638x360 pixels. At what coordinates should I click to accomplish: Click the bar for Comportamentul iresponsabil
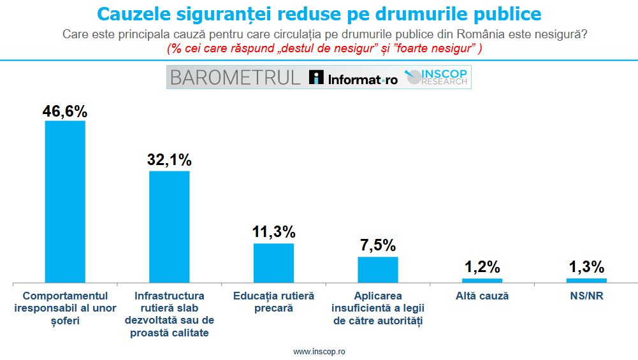pyautogui.click(x=65, y=201)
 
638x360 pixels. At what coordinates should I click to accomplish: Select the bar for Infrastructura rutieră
pyautogui.click(x=169, y=226)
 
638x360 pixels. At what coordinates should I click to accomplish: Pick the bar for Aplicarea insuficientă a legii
pyautogui.click(x=378, y=269)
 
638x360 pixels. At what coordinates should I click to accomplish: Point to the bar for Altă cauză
pyautogui.click(x=482, y=280)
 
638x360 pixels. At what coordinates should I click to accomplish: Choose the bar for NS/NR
pyautogui.click(x=586, y=280)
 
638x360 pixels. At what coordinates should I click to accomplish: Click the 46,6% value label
pyautogui.click(x=65, y=111)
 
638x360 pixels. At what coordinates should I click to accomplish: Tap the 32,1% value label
pyautogui.click(x=169, y=160)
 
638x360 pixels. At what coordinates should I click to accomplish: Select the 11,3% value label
pyautogui.click(x=273, y=232)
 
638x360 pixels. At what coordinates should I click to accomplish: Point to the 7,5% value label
pyautogui.click(x=378, y=245)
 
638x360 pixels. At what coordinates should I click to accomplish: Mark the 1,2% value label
pyautogui.click(x=482, y=267)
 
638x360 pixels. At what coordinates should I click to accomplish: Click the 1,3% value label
pyautogui.click(x=586, y=267)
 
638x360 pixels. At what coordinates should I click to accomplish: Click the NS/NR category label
pyautogui.click(x=586, y=296)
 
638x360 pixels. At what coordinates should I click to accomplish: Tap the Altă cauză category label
pyautogui.click(x=482, y=296)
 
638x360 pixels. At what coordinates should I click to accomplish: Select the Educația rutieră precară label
pyautogui.click(x=273, y=302)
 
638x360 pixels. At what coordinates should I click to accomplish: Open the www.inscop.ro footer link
pyautogui.click(x=319, y=352)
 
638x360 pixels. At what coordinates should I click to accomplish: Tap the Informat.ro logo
pyautogui.click(x=353, y=78)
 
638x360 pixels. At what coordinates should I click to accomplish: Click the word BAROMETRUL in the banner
pyautogui.click(x=235, y=78)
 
